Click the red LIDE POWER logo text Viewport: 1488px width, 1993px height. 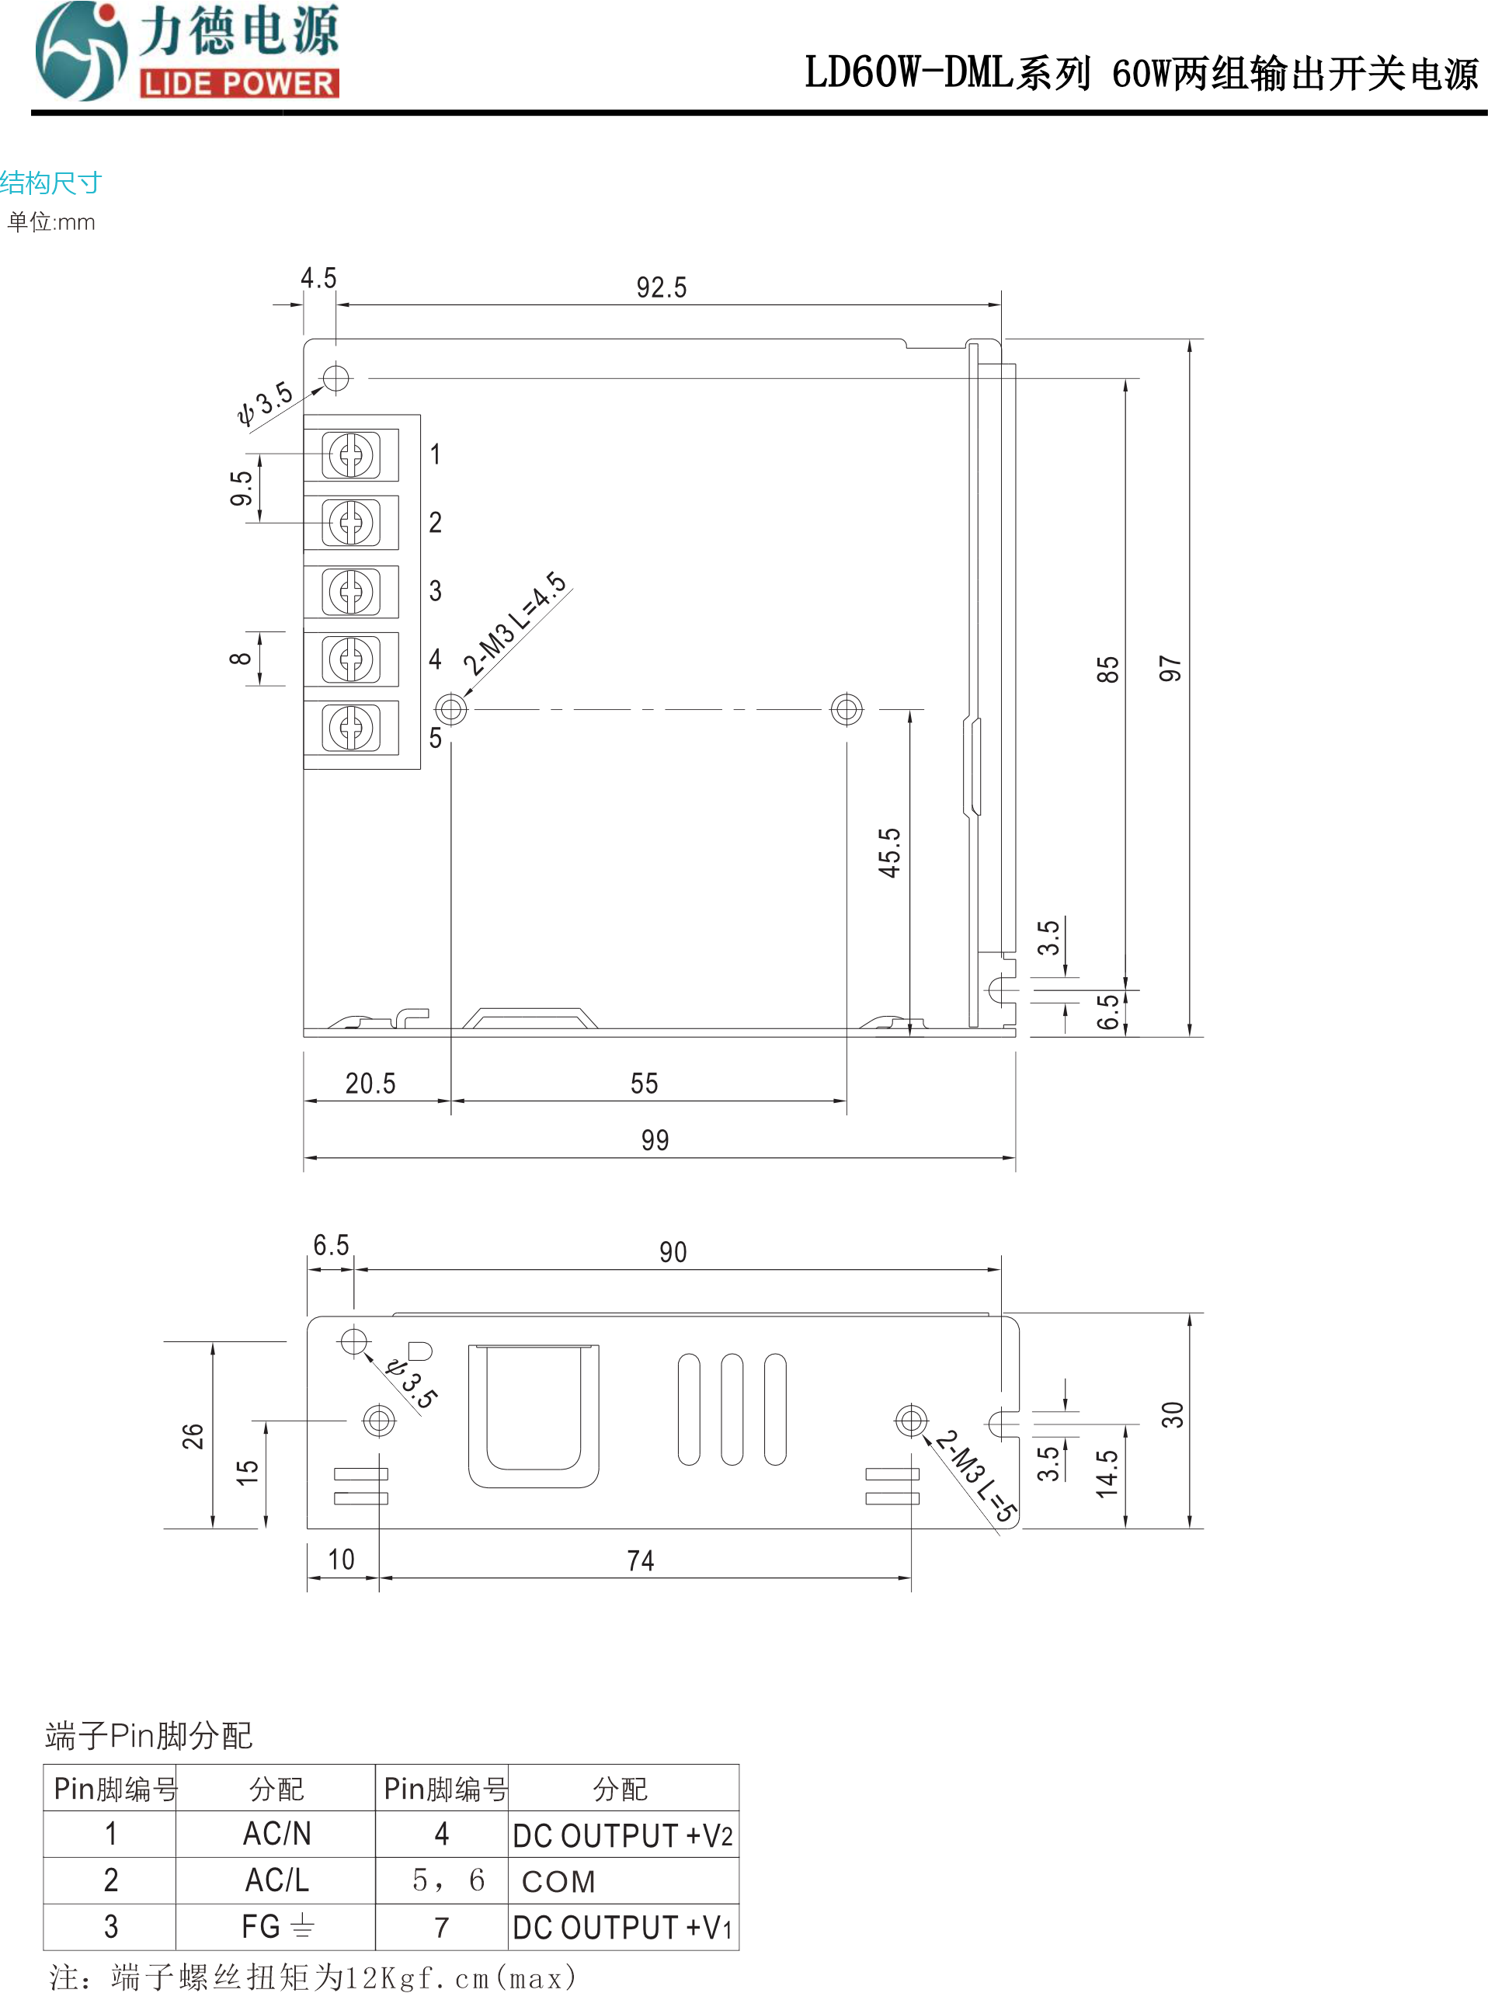(x=238, y=84)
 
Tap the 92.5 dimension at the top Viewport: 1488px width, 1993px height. (x=661, y=287)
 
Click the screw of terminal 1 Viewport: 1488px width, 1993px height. (x=351, y=455)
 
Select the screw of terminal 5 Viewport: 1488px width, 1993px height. (x=351, y=728)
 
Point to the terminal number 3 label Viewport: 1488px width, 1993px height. (x=435, y=591)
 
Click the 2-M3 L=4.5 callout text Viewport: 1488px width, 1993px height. (x=515, y=622)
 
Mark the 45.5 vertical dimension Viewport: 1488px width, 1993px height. (x=889, y=852)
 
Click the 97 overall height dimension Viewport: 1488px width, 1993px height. (x=1169, y=668)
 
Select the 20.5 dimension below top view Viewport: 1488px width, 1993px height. (x=370, y=1083)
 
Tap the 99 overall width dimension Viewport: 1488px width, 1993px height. (x=655, y=1140)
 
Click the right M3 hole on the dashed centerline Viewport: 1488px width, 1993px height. (x=847, y=709)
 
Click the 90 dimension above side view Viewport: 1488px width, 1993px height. (x=673, y=1252)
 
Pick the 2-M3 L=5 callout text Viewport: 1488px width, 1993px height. (x=975, y=1475)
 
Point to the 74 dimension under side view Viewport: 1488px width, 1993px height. (x=641, y=1560)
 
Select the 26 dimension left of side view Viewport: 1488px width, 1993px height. (x=193, y=1435)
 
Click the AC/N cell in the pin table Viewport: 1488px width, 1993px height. (x=276, y=1834)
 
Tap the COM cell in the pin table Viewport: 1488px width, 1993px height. (x=558, y=1881)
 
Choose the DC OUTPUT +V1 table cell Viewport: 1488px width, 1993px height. (x=622, y=1927)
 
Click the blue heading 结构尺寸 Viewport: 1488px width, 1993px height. (x=51, y=183)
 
